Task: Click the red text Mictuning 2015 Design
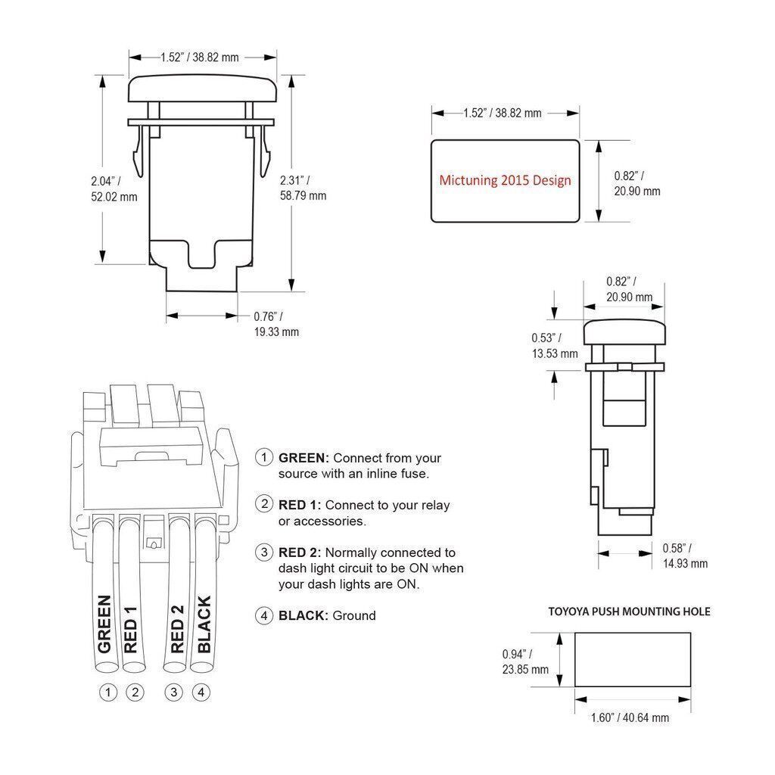coord(505,181)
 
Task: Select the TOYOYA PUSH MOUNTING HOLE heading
coord(629,612)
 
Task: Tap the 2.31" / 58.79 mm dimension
coord(303,188)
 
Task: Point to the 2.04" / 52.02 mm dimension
coord(114,189)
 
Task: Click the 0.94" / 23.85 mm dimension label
coord(525,661)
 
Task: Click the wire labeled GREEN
coord(106,624)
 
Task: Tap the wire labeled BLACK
coord(204,624)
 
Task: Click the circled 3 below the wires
coord(175,691)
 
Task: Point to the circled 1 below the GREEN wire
coord(109,691)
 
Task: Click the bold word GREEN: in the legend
coord(303,458)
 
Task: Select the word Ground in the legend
coord(354,615)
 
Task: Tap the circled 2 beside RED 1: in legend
coord(264,504)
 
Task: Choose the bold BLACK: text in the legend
coord(303,615)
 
